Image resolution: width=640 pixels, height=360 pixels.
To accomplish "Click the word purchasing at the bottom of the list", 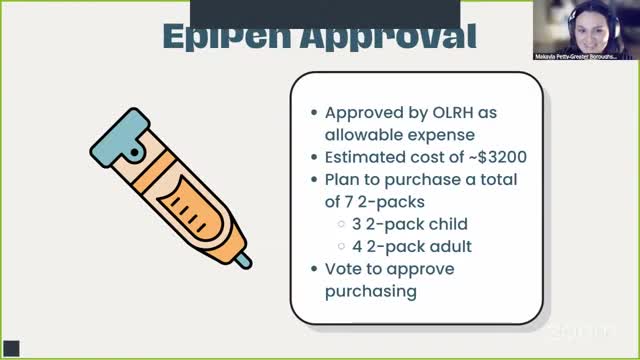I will [371, 291].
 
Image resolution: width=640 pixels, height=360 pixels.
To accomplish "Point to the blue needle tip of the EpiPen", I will [243, 262].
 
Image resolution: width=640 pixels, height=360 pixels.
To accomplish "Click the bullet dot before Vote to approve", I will [314, 269].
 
